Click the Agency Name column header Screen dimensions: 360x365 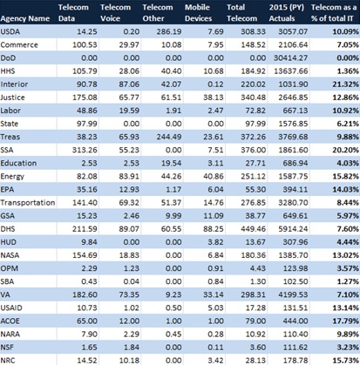tap(25, 18)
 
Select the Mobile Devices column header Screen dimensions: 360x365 tap(199, 13)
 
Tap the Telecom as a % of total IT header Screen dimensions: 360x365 tap(334, 13)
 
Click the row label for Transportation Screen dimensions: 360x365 tap(28, 203)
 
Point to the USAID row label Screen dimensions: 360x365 tap(11, 308)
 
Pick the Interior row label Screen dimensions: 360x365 tap(14, 84)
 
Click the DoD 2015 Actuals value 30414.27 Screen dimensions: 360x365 tap(290, 58)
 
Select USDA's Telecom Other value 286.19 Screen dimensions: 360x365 tap(169, 31)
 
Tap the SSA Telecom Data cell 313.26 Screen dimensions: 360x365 tap(85, 150)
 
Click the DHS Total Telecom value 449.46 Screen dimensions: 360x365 tap(253, 229)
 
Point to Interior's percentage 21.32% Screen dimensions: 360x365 tap(346, 84)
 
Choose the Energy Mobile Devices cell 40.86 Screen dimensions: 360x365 tap(214, 176)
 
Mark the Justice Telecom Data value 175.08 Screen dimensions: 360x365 tap(85, 98)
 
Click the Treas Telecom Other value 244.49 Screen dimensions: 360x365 tap(169, 137)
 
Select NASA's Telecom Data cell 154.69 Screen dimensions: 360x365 tap(85, 255)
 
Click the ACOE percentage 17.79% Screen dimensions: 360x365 tap(346, 321)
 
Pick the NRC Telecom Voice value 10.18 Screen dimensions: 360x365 tap(129, 361)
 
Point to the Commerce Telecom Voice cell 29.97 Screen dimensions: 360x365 tap(129, 44)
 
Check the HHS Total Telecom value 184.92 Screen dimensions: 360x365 tap(253, 71)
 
